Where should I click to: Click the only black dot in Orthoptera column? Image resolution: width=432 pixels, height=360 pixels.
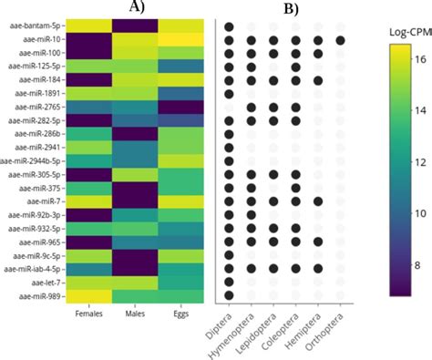tap(340, 40)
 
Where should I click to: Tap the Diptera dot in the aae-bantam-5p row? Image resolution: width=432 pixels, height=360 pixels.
tap(229, 26)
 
